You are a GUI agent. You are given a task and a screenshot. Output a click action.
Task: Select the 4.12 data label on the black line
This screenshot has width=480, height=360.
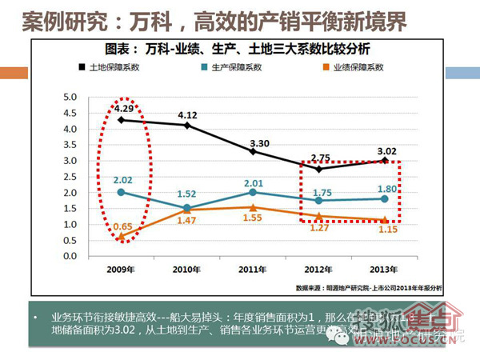[x=187, y=114]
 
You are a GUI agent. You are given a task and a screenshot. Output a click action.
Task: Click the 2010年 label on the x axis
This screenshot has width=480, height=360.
[x=188, y=269]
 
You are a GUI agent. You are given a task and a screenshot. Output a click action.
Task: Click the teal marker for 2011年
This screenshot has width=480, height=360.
[x=254, y=192]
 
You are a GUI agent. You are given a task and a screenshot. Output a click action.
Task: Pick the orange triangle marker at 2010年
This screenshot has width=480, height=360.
[x=188, y=209]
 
